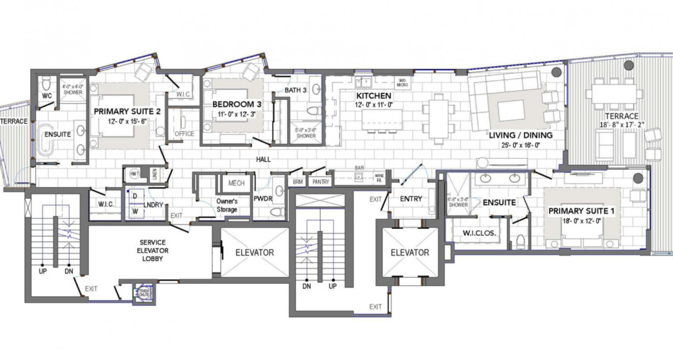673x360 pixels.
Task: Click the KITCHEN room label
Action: click(x=374, y=96)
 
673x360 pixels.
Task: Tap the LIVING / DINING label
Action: click(x=521, y=135)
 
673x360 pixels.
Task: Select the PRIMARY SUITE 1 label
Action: click(x=581, y=211)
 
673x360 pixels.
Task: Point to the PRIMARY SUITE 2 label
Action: click(x=127, y=111)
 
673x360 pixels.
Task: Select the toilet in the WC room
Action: click(x=46, y=81)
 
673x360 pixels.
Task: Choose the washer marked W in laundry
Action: click(x=136, y=211)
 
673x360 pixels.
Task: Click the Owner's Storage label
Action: click(x=227, y=205)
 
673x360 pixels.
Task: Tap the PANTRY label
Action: click(x=321, y=182)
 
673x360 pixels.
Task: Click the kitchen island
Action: click(x=382, y=119)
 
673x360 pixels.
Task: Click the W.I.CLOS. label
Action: click(x=479, y=233)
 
